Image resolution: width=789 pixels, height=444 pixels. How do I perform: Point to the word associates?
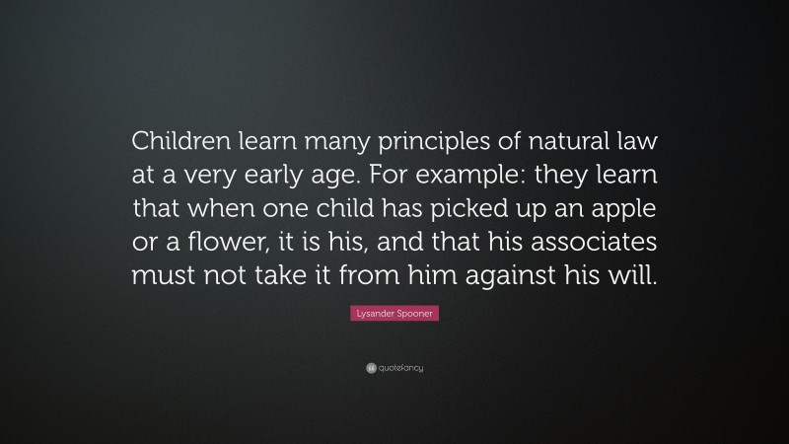[586, 244]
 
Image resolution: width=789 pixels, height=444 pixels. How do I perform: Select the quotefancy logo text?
[401, 368]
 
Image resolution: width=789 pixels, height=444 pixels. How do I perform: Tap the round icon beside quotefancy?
[370, 368]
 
